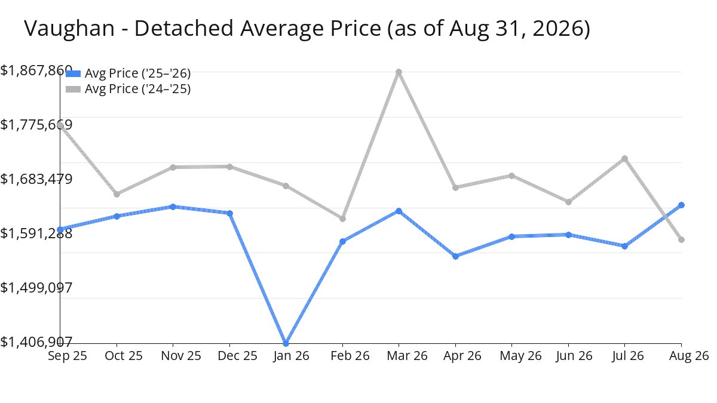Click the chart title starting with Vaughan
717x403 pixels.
[307, 29]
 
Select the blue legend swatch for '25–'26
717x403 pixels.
[73, 73]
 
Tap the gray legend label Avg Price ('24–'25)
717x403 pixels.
[137, 89]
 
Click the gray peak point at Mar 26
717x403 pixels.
[399, 72]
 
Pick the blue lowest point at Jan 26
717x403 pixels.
[286, 343]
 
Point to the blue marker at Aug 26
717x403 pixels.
[682, 205]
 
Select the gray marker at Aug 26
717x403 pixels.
[682, 239]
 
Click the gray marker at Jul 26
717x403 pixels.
[624, 158]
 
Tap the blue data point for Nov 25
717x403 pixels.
[173, 207]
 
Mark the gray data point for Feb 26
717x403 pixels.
[342, 219]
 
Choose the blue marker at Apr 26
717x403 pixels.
[455, 256]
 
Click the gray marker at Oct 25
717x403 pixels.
[117, 194]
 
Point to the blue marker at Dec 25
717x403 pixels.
[230, 213]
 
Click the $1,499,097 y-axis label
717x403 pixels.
[36, 288]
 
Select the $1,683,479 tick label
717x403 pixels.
[36, 179]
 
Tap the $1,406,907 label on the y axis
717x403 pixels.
[36, 342]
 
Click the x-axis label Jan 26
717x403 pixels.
[292, 356]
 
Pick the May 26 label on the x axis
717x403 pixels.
[520, 356]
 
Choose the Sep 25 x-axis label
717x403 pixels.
[67, 356]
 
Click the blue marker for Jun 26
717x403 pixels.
[568, 235]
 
